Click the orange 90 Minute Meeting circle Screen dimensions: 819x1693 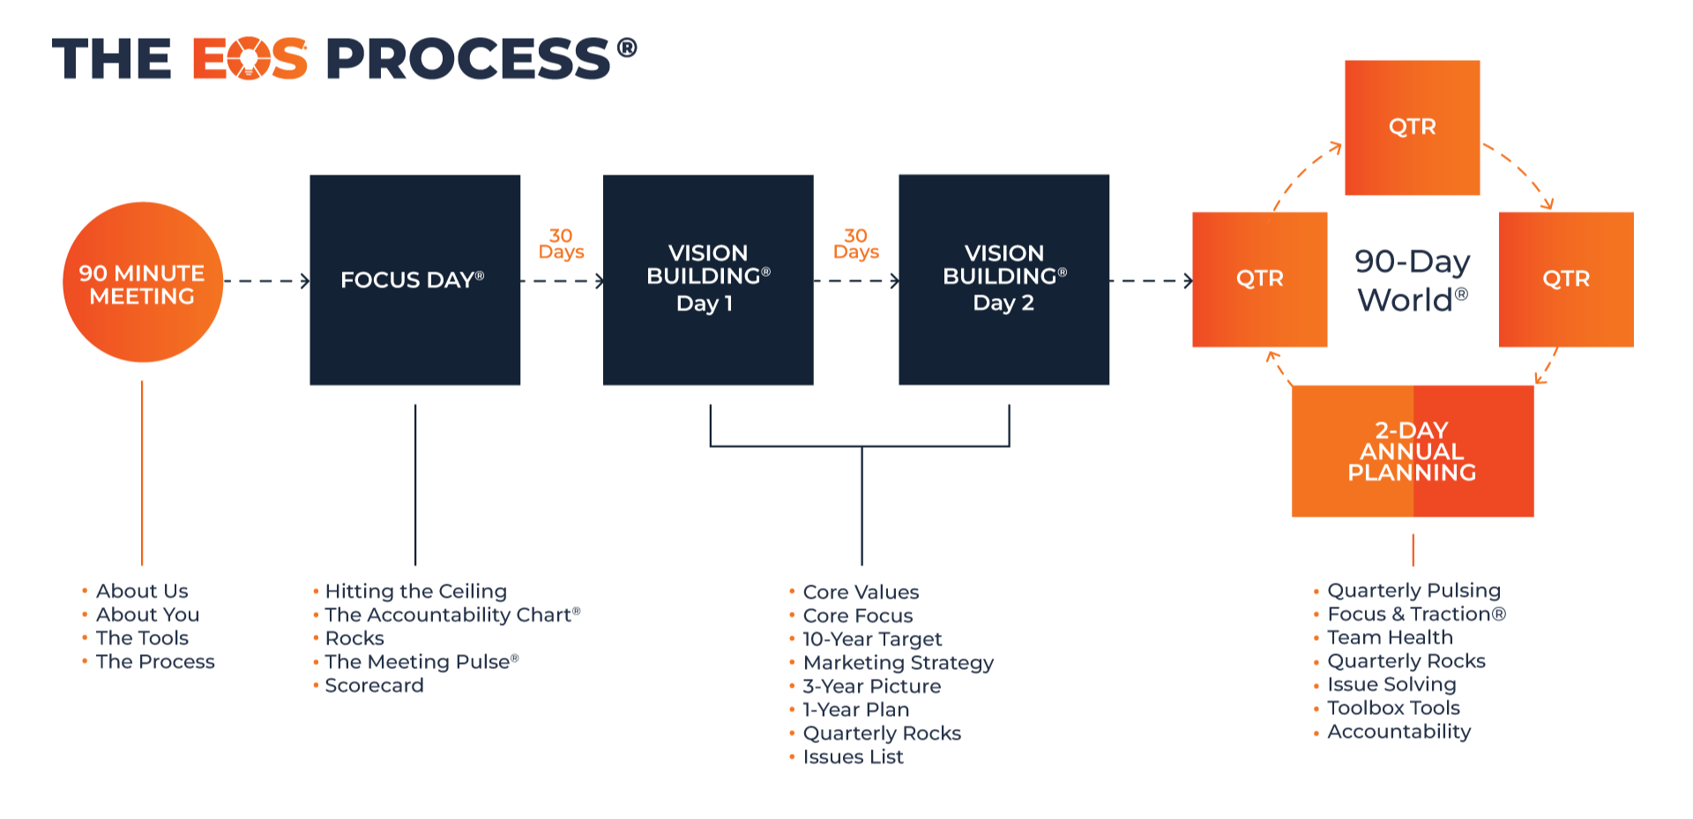(143, 282)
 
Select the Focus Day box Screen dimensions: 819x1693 (414, 279)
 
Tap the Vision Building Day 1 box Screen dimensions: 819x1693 (708, 279)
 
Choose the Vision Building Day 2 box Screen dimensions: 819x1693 (1003, 279)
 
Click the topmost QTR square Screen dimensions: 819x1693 (1412, 128)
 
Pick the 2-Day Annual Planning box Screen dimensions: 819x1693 (1412, 450)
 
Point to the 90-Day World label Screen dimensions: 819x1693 (1412, 280)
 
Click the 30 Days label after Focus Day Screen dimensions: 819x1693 (561, 244)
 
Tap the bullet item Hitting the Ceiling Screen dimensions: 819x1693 (415, 592)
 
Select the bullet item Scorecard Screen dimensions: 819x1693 (374, 686)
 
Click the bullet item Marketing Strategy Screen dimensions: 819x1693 (898, 663)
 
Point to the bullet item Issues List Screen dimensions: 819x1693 (853, 757)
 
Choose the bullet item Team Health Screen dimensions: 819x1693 (1389, 637)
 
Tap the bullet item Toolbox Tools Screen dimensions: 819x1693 (1393, 708)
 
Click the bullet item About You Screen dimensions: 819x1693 (147, 614)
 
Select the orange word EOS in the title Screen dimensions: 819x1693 (250, 59)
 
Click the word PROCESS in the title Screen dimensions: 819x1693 (468, 59)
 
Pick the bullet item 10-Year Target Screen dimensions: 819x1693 (871, 639)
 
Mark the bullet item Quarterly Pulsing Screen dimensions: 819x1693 (1413, 591)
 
